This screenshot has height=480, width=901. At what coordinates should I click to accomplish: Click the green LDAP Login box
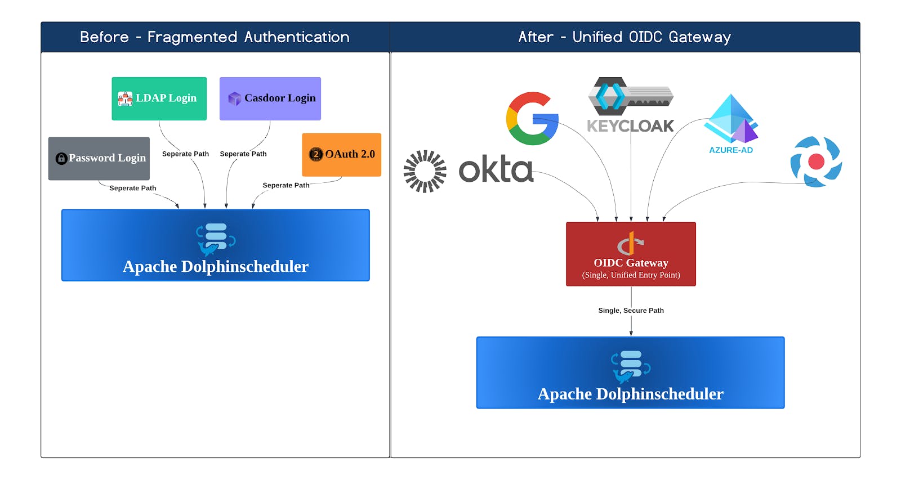tap(159, 98)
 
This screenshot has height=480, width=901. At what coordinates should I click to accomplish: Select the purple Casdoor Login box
tap(270, 98)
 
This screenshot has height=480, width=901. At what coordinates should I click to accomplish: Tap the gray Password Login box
tap(99, 158)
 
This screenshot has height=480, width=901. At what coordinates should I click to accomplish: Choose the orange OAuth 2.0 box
tap(341, 154)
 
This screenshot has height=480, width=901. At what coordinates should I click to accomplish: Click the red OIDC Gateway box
tap(631, 254)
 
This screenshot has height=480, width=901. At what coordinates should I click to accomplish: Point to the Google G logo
tap(532, 119)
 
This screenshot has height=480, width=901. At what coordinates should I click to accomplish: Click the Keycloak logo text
tap(630, 126)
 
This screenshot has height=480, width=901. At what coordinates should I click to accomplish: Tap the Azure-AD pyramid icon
tap(731, 119)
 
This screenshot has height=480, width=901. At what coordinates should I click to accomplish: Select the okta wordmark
tap(496, 169)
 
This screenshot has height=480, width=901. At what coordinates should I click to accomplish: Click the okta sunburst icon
tap(425, 171)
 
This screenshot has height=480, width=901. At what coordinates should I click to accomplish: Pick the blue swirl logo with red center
tap(816, 162)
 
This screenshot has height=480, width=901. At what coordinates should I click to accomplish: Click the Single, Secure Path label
tap(631, 311)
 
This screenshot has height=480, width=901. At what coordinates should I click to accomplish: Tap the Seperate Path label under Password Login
tap(133, 189)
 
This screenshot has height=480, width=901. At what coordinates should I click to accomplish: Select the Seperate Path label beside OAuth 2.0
tap(286, 185)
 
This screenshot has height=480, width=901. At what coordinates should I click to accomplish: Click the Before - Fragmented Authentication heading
tap(215, 37)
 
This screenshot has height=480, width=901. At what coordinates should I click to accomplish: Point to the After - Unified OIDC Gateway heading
tap(624, 37)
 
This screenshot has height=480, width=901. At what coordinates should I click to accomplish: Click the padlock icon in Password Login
tap(61, 159)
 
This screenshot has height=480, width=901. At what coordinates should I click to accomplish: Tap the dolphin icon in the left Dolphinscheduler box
tap(215, 240)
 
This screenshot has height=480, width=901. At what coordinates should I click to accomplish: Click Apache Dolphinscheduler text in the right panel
tap(630, 394)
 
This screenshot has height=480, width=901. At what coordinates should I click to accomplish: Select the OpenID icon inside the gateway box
tap(630, 244)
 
